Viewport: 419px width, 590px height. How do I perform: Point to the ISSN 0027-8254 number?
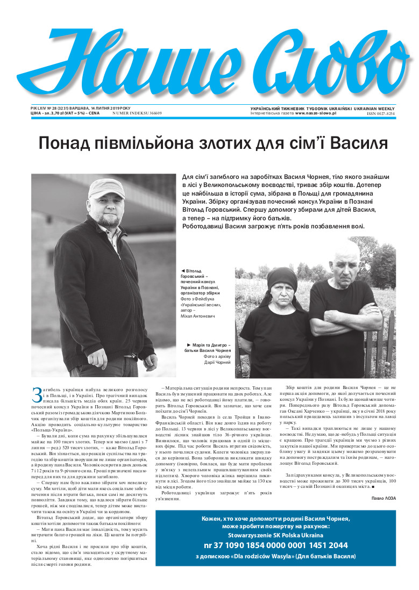tap(381, 114)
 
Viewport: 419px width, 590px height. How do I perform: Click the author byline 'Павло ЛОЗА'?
tap(384, 498)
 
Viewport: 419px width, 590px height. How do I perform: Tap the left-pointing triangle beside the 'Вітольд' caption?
tap(183, 270)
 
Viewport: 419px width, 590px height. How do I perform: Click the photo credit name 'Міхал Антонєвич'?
tap(197, 316)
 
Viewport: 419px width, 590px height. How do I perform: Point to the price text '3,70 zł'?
tap(58, 113)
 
